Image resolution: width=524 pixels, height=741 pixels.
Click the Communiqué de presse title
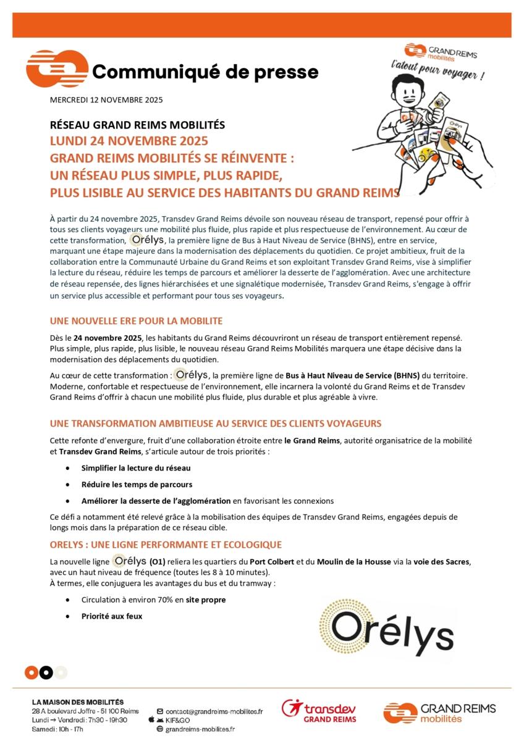(205, 72)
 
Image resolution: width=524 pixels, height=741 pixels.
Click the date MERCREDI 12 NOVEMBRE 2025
(106, 100)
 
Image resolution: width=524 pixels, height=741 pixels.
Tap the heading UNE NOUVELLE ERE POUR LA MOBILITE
(136, 321)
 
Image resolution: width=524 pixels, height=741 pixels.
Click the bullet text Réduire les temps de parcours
(137, 485)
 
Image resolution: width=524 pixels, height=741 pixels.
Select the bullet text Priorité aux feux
(112, 616)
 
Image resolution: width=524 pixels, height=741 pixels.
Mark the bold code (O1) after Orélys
(158, 562)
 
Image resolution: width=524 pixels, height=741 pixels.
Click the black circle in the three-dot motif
(46, 672)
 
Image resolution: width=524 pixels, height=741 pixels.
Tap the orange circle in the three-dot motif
(32, 672)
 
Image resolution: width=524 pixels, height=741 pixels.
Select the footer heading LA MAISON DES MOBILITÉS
(78, 702)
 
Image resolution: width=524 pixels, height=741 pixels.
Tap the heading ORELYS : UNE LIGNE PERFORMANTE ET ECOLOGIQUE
(166, 545)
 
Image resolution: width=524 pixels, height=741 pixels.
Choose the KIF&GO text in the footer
(178, 720)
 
